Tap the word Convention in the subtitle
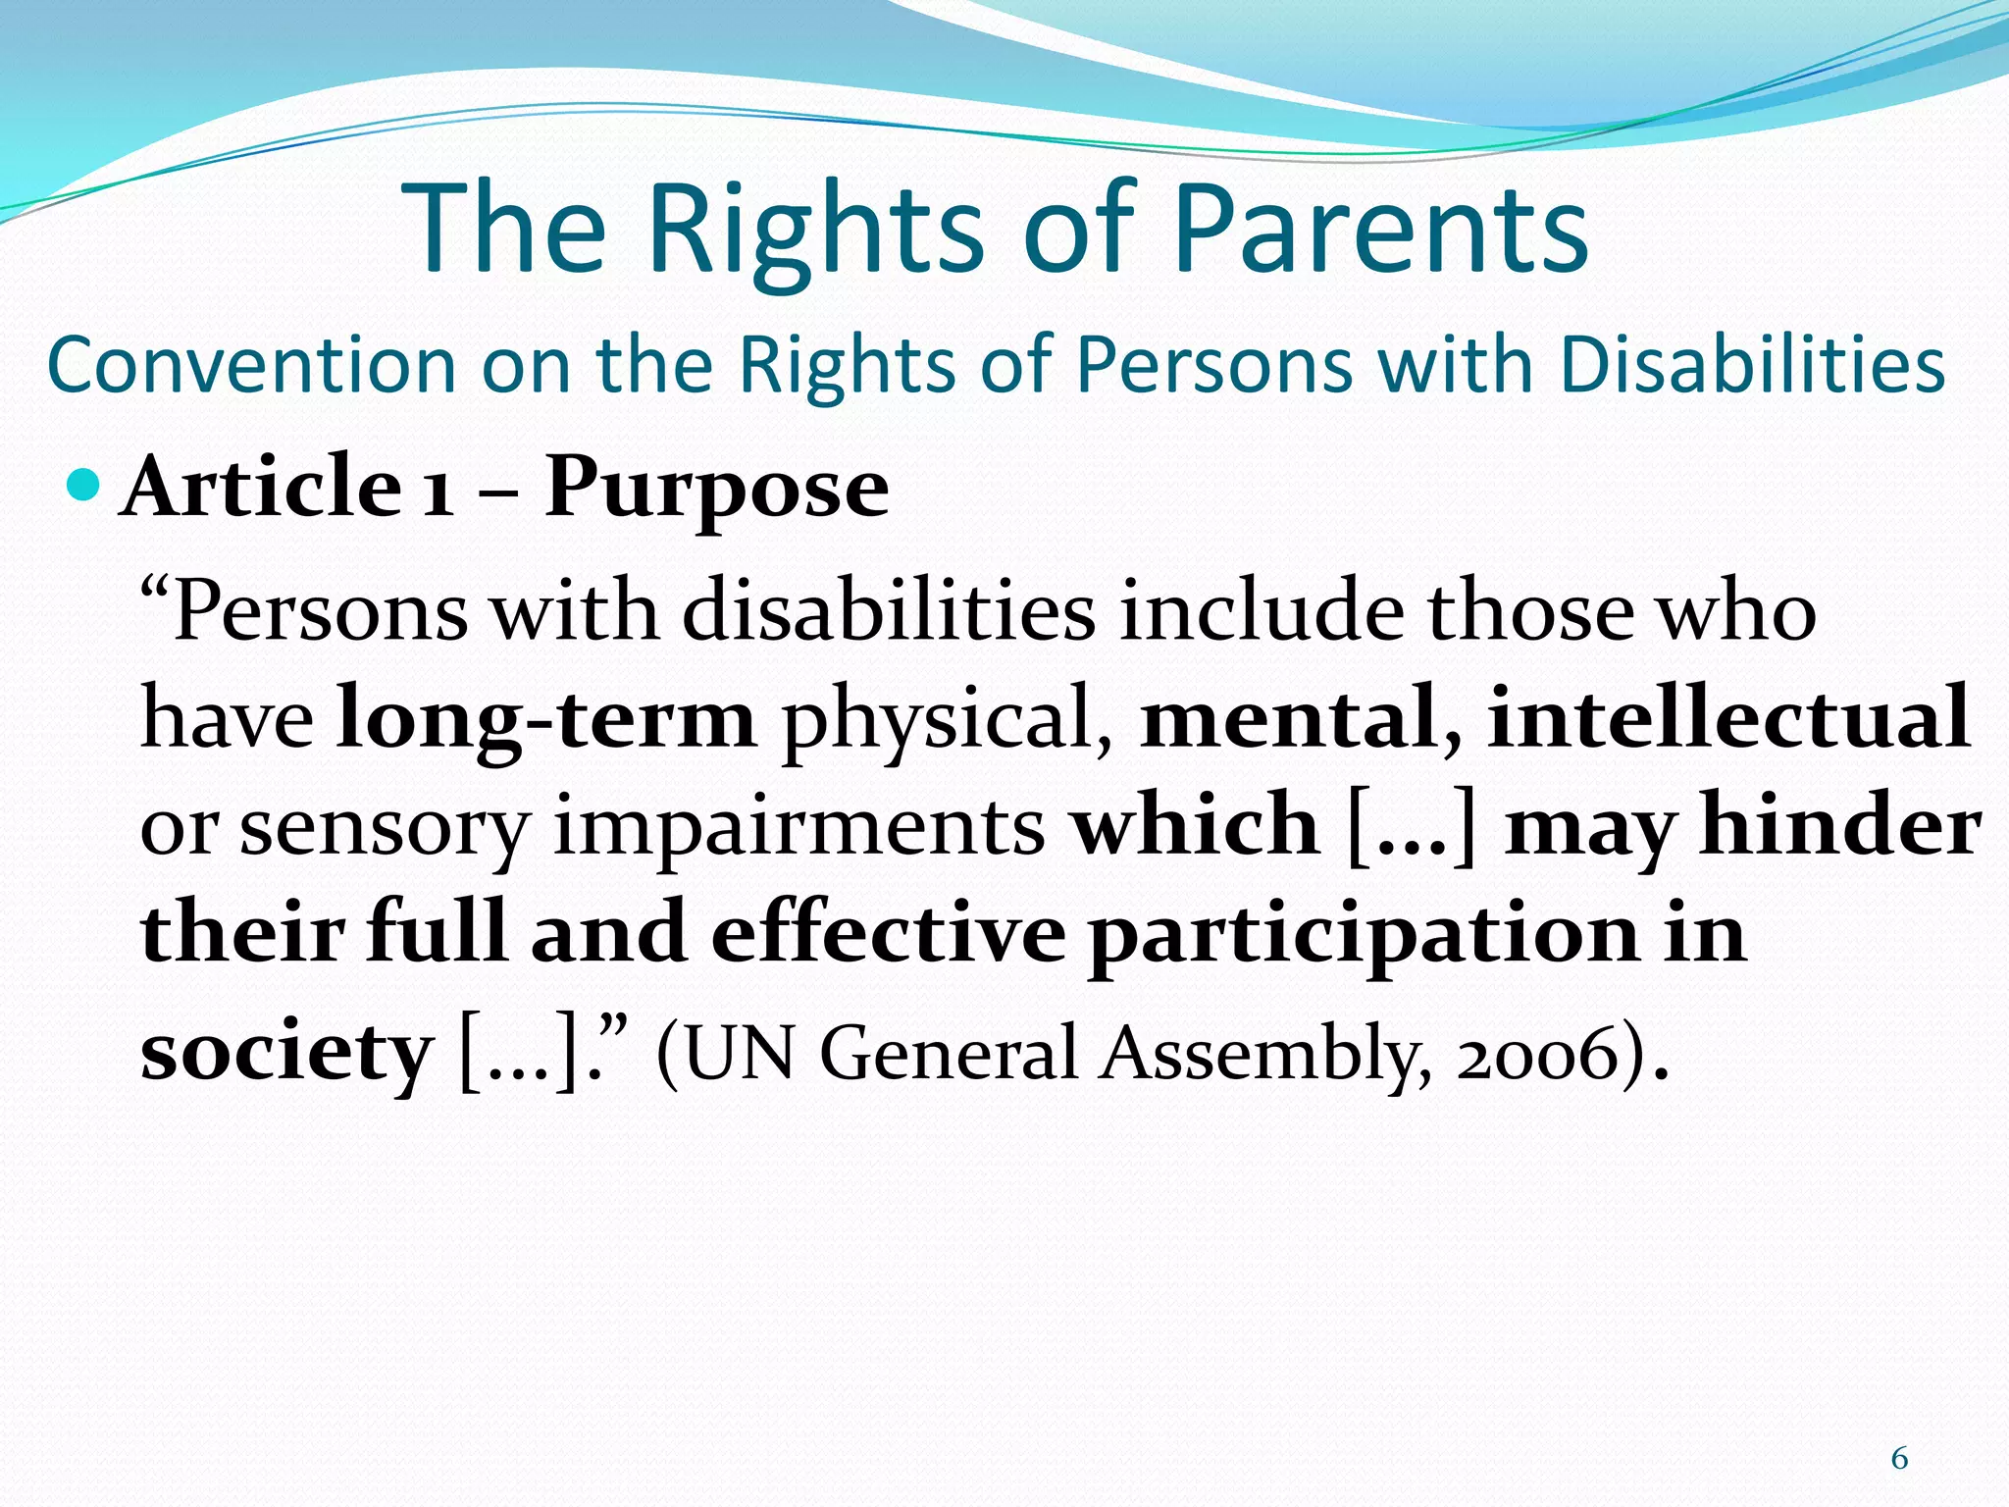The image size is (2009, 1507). (251, 365)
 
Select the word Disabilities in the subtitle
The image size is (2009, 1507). (1751, 365)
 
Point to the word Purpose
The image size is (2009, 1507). (716, 489)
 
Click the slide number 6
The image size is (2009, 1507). (1899, 1459)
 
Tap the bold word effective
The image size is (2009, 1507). (888, 932)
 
